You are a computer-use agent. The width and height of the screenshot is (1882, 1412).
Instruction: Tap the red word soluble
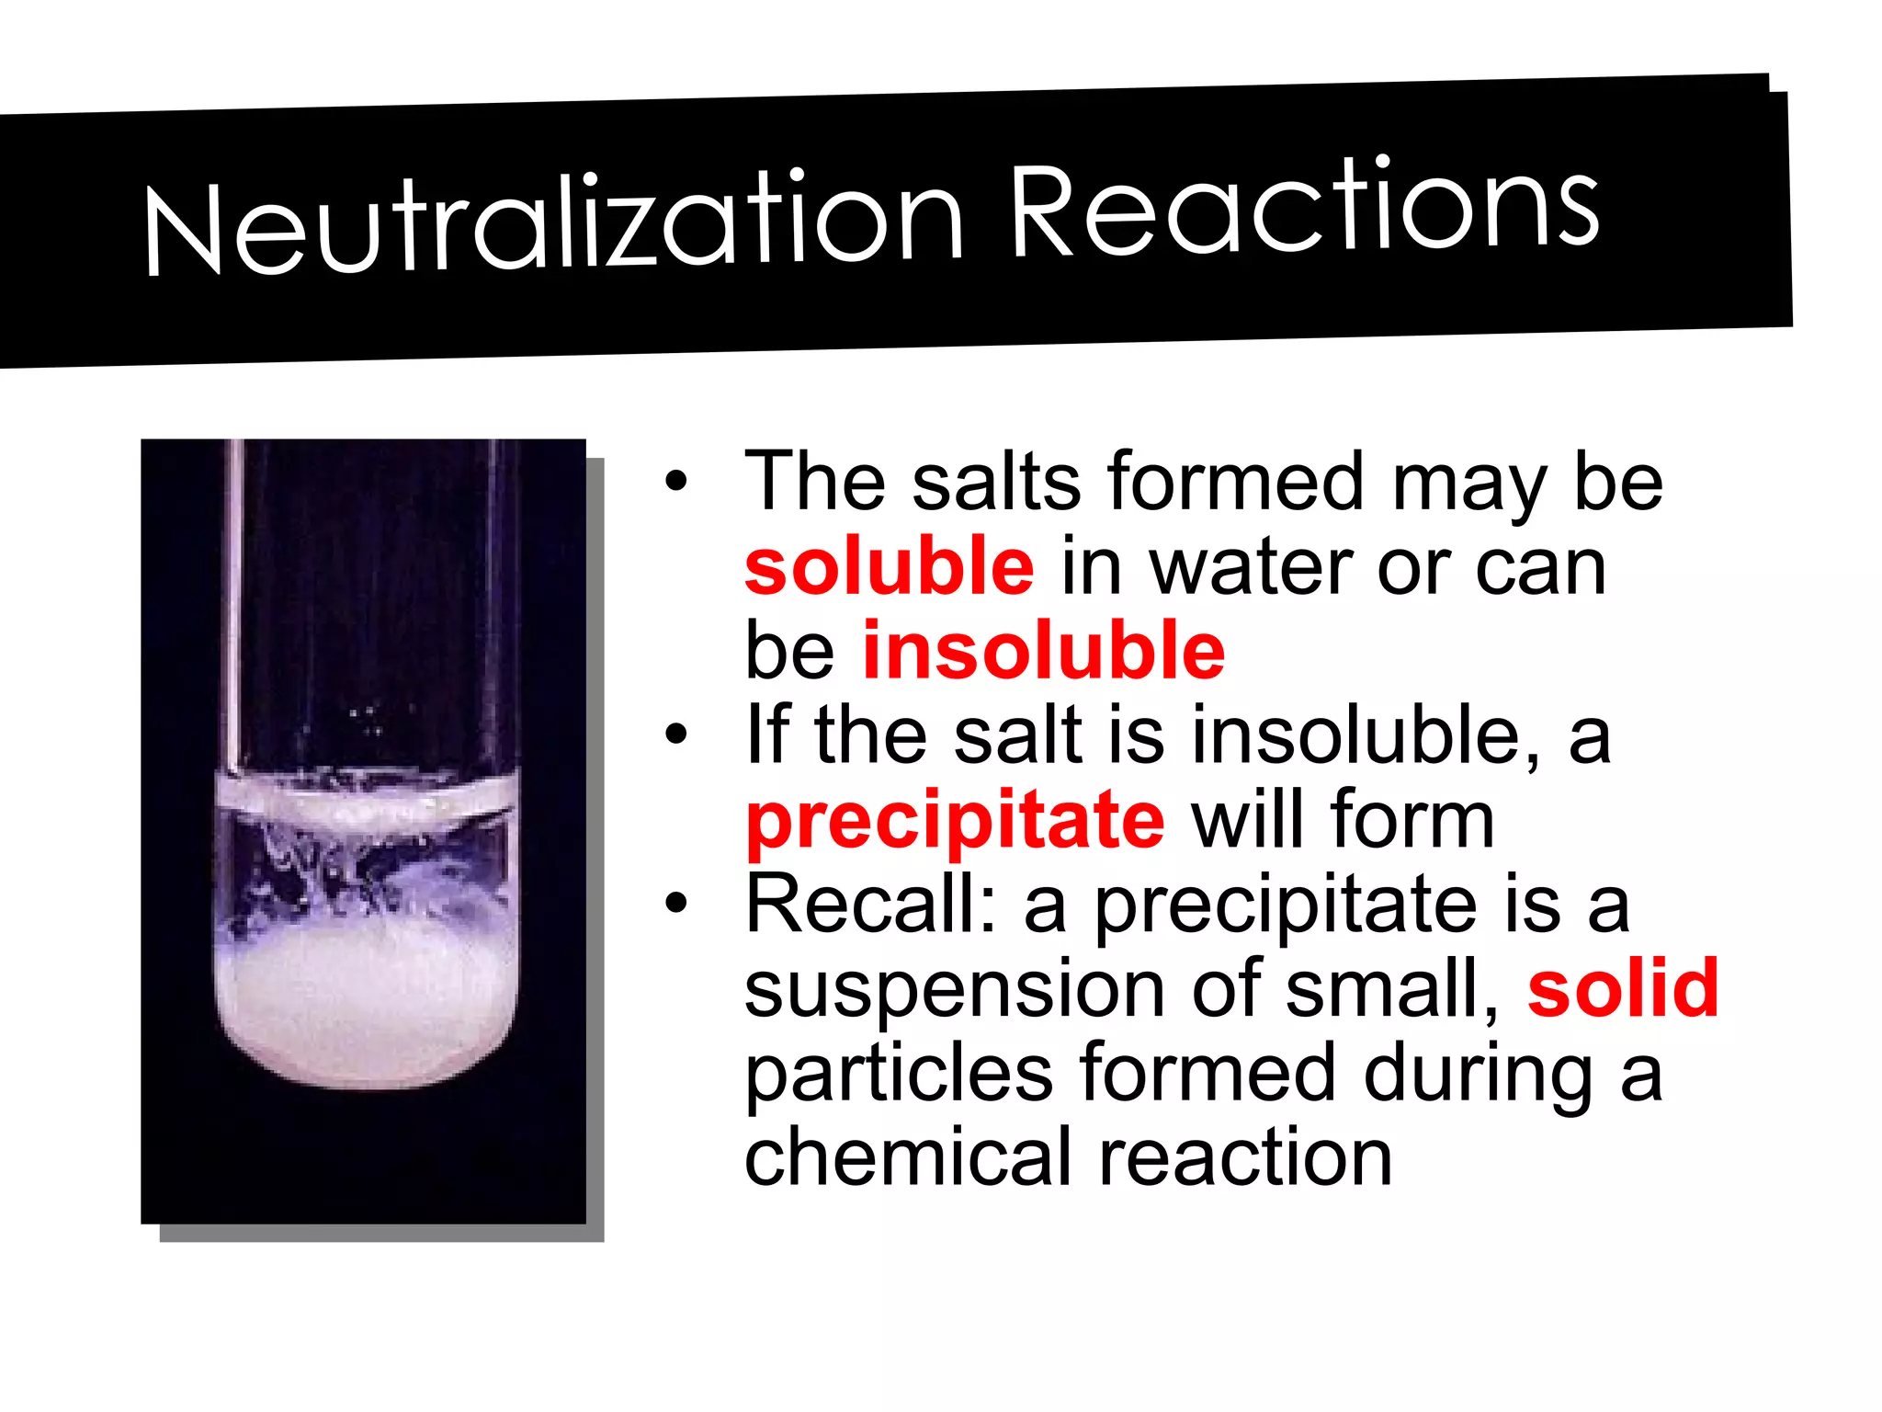point(889,566)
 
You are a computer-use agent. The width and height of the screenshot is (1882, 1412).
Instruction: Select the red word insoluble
point(1043,651)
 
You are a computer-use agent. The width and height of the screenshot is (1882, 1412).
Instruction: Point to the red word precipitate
point(956,821)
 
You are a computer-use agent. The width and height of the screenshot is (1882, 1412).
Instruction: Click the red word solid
point(1623,989)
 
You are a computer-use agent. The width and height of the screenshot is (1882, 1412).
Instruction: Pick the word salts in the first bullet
point(997,482)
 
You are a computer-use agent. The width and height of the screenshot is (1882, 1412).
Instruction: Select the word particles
point(899,1074)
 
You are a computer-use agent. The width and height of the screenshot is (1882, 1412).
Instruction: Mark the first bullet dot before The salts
point(676,482)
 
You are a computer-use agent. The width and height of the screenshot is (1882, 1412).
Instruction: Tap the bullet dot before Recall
point(676,905)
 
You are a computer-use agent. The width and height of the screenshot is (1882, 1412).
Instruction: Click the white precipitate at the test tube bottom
point(368,1011)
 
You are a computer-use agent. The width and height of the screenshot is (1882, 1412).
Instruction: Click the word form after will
point(1411,821)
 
